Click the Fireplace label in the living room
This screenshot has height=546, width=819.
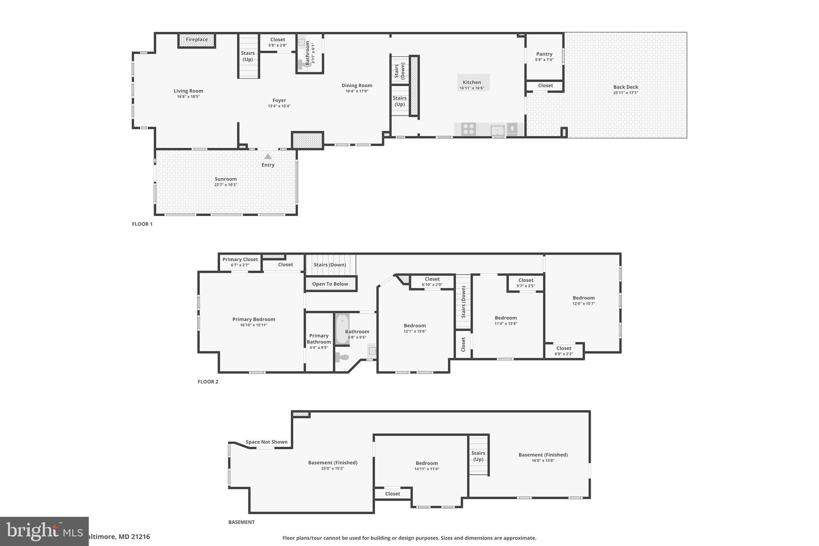(x=197, y=40)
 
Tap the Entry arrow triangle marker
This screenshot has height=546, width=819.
(x=268, y=156)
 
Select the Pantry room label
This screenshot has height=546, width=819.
(x=544, y=54)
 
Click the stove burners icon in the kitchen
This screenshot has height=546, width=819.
(x=468, y=129)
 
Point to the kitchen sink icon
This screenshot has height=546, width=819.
(x=497, y=130)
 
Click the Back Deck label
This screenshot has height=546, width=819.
(x=625, y=87)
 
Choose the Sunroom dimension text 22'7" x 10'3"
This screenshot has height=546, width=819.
(x=226, y=185)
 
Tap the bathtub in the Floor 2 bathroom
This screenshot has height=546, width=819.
(x=342, y=330)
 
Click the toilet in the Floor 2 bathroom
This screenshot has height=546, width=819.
(x=342, y=357)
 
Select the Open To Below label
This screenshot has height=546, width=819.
(x=330, y=284)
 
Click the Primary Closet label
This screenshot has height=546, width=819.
(x=240, y=259)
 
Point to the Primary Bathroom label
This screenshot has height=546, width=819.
(x=319, y=338)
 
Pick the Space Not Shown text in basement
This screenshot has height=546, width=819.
(x=266, y=442)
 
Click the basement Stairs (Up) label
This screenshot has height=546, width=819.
(x=478, y=456)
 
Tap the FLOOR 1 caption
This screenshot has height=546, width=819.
(x=142, y=224)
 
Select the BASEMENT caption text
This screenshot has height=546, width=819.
(x=241, y=522)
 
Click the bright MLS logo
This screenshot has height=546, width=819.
(x=44, y=531)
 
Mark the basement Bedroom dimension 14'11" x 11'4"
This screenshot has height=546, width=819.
(x=427, y=469)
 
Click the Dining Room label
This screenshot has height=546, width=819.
(x=357, y=85)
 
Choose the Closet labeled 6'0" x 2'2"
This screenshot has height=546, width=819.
(x=564, y=351)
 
